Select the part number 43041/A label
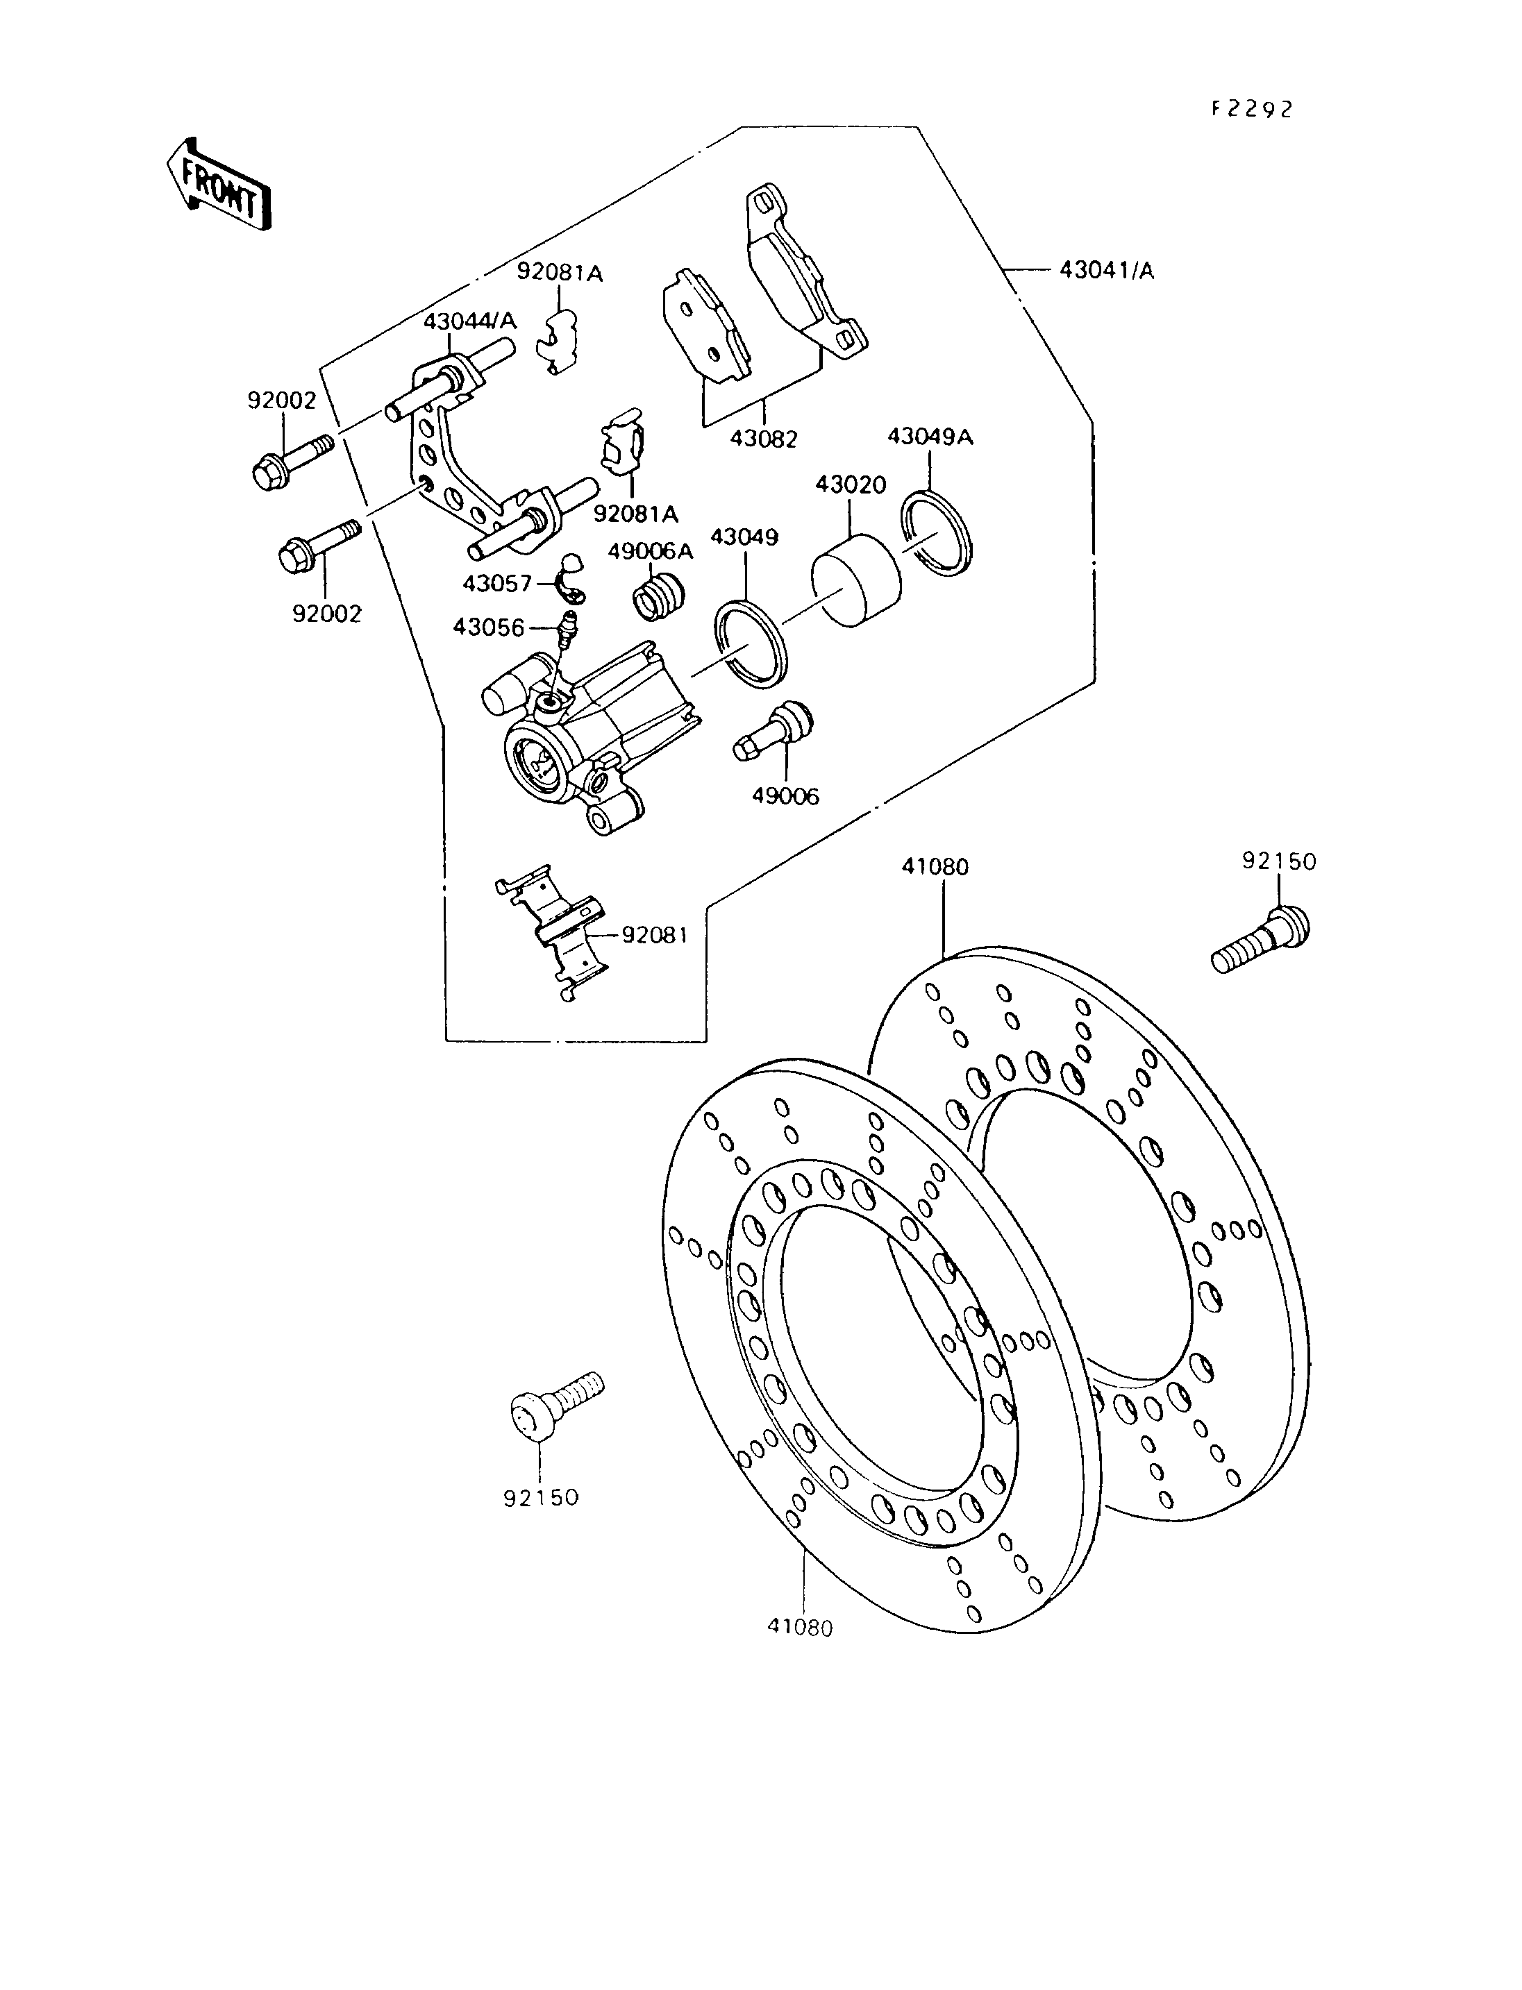1107,270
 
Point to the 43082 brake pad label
764,439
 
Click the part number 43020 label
851,484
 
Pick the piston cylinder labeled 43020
856,580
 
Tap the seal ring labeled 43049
752,644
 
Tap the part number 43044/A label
470,321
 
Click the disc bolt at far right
1261,939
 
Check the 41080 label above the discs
935,867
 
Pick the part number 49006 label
785,796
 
